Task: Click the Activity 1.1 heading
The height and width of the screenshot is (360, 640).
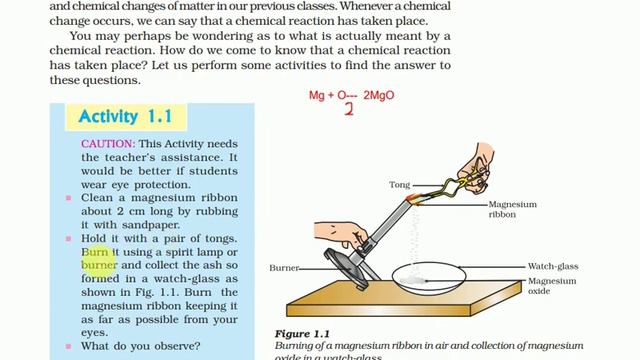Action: [125, 117]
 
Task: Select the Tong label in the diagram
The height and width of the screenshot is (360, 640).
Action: [399, 185]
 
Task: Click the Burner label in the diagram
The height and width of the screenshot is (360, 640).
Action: [285, 268]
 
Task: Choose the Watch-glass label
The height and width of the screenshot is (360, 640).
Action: [554, 267]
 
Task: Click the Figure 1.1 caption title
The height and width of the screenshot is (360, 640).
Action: [301, 334]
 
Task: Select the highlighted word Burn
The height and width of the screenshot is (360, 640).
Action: [96, 253]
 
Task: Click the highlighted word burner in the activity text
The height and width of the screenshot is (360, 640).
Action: [100, 266]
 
